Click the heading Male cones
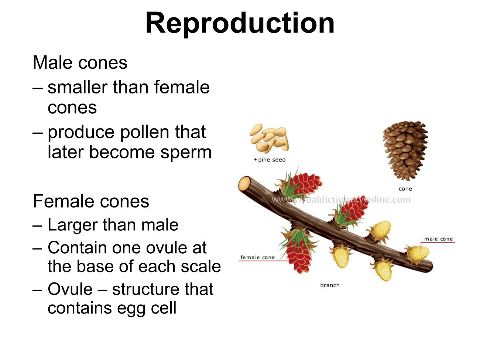pos(80,62)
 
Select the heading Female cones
pos(91,201)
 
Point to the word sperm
pos(186,153)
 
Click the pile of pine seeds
pos(269,138)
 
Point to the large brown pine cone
pos(405,151)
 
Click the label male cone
pos(438,239)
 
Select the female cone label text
pos(257,257)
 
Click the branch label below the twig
pos(330,285)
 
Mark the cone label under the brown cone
pos(405,189)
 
